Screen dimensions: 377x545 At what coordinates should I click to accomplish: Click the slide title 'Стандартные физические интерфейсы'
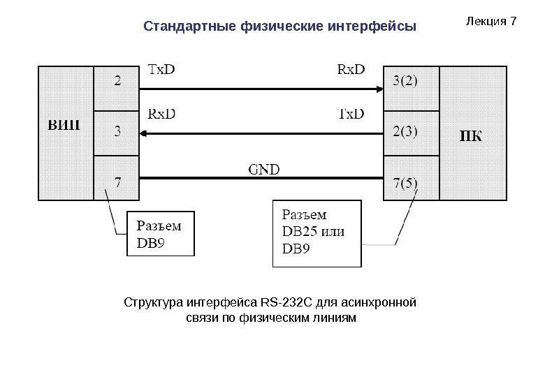pyautogui.click(x=279, y=27)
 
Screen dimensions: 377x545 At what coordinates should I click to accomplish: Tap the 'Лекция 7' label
pyautogui.click(x=490, y=21)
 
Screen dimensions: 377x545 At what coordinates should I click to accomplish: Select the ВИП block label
pyautogui.click(x=65, y=127)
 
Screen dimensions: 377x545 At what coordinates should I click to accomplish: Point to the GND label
pyautogui.click(x=265, y=168)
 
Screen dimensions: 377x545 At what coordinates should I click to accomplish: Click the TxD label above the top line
pyautogui.click(x=163, y=69)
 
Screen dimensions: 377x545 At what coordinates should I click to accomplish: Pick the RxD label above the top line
pyautogui.click(x=351, y=69)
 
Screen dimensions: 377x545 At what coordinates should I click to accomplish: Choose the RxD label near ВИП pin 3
pyautogui.click(x=163, y=113)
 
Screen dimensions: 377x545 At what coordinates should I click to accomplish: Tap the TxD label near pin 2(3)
pyautogui.click(x=351, y=113)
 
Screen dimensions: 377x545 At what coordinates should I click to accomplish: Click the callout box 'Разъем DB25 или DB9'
pyautogui.click(x=317, y=233)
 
